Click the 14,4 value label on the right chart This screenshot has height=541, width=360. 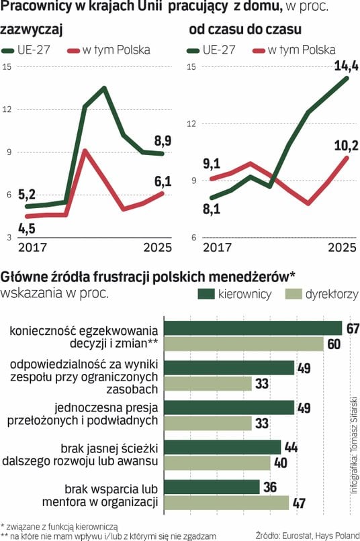[x=346, y=66]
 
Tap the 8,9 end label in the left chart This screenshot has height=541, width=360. [x=163, y=141]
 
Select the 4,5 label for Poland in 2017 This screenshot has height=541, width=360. [x=27, y=228]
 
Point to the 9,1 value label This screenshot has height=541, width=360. [x=212, y=164]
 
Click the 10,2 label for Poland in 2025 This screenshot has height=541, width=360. [x=346, y=146]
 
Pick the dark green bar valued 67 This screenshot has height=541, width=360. [x=253, y=328]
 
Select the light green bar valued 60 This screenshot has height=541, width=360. [x=244, y=344]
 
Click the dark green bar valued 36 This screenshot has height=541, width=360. [x=212, y=487]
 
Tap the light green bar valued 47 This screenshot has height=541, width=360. [x=226, y=503]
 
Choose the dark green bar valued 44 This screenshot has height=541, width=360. [x=222, y=447]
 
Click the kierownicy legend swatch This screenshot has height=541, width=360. [x=206, y=294]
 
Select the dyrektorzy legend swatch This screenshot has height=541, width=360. [x=294, y=294]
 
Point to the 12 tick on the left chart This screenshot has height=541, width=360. [x=7, y=109]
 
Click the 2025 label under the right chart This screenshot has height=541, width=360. [x=342, y=248]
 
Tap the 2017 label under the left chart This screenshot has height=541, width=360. [x=32, y=248]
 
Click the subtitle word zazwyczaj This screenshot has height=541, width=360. [x=32, y=30]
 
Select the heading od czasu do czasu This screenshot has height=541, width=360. [x=245, y=30]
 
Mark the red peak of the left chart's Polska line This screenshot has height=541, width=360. [x=85, y=151]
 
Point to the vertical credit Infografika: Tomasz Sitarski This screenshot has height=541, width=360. [x=354, y=446]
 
